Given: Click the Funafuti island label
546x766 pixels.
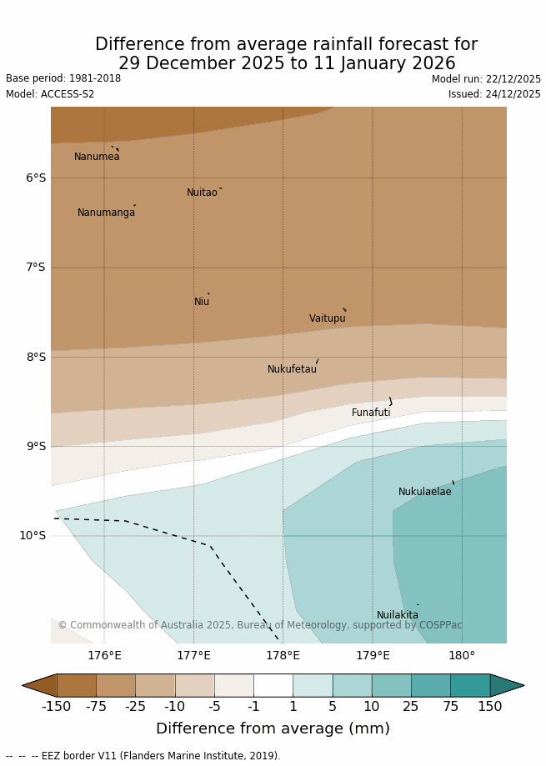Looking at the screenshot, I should tap(371, 413).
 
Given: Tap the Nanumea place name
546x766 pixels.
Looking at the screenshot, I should tap(97, 157).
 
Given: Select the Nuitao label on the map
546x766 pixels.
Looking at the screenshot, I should tap(202, 193).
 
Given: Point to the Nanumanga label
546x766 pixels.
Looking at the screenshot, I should tap(106, 213).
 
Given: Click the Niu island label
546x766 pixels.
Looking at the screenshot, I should tap(202, 302).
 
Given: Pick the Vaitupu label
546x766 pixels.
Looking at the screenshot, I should tap(327, 318).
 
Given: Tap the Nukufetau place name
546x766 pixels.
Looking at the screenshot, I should tap(292, 369).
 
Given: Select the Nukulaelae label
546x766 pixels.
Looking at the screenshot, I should tap(424, 492).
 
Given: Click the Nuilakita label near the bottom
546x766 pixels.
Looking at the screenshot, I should tap(398, 615).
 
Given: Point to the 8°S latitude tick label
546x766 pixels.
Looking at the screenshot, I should tap(36, 357).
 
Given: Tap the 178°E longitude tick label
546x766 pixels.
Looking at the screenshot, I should tap(283, 656).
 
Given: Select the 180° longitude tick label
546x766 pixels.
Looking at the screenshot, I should tap(462, 656).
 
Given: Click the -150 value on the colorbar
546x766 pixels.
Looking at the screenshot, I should tap(57, 707).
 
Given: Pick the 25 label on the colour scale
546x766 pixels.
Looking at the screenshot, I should tap(411, 707).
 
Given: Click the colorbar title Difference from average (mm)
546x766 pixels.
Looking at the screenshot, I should tap(273, 728).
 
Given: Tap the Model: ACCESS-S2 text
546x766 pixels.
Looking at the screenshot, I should tap(50, 94).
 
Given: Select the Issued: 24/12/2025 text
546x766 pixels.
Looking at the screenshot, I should tap(494, 94).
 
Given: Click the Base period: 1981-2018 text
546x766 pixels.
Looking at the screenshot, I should tap(63, 78).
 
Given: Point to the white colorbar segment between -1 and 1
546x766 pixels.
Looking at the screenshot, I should tap(273, 685).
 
